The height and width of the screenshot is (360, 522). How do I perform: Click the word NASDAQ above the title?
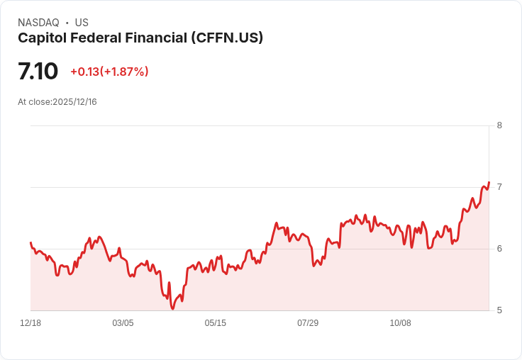(38, 23)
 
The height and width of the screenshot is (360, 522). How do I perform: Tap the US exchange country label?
(82, 23)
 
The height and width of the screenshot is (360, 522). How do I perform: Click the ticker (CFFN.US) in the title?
(227, 38)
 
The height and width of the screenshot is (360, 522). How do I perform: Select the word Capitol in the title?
(43, 38)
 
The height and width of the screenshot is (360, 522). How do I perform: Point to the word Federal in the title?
(96, 38)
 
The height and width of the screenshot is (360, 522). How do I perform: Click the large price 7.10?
(38, 71)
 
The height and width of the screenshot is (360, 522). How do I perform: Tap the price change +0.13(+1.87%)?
(109, 72)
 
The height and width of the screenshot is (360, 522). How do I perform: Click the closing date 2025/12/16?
(74, 102)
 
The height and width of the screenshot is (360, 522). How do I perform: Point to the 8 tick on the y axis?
(499, 125)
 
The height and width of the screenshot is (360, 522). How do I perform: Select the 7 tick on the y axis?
(499, 187)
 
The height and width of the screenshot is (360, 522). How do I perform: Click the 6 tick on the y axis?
(499, 249)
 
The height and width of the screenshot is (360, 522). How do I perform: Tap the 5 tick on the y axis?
(499, 310)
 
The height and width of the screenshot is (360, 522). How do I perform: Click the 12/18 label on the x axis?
(30, 323)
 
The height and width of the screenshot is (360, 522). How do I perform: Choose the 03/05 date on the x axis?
(123, 323)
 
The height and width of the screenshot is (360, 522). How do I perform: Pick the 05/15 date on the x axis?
(216, 323)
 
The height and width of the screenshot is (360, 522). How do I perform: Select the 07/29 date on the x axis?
(308, 323)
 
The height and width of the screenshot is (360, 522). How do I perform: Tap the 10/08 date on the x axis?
(401, 323)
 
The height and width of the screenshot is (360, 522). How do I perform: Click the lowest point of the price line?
(172, 309)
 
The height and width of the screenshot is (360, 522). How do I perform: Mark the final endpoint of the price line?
(489, 182)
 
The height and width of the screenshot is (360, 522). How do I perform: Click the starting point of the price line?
(30, 242)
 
